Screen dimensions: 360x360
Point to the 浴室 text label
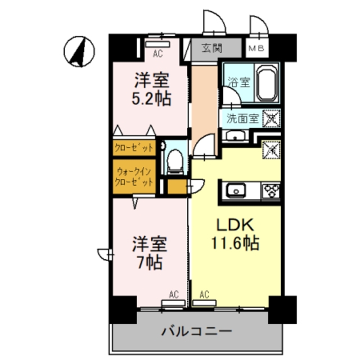[237, 82]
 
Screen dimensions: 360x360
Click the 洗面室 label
[242, 118]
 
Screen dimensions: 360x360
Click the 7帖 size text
[149, 262]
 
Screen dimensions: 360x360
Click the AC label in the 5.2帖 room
[158, 54]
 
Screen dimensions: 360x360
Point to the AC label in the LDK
[204, 293]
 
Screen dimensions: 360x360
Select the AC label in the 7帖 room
[174, 293]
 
